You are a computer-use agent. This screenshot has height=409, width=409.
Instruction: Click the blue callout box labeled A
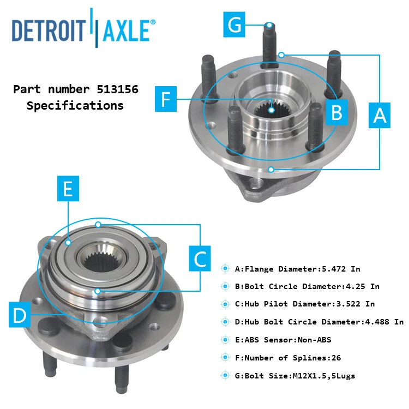(x=380, y=115)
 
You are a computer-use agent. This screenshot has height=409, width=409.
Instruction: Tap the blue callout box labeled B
(x=337, y=113)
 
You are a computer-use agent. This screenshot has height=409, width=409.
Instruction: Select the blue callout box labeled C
(x=201, y=258)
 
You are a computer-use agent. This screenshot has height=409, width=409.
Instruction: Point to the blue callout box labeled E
(x=68, y=189)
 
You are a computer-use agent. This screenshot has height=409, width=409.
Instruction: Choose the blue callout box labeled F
(x=166, y=99)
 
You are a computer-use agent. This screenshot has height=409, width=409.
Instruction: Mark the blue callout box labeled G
(x=234, y=25)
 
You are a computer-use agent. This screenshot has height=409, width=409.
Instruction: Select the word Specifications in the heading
(x=75, y=106)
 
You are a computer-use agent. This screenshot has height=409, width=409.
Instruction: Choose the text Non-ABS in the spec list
(x=313, y=340)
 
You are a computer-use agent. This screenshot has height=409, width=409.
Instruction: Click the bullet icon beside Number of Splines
(x=225, y=358)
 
